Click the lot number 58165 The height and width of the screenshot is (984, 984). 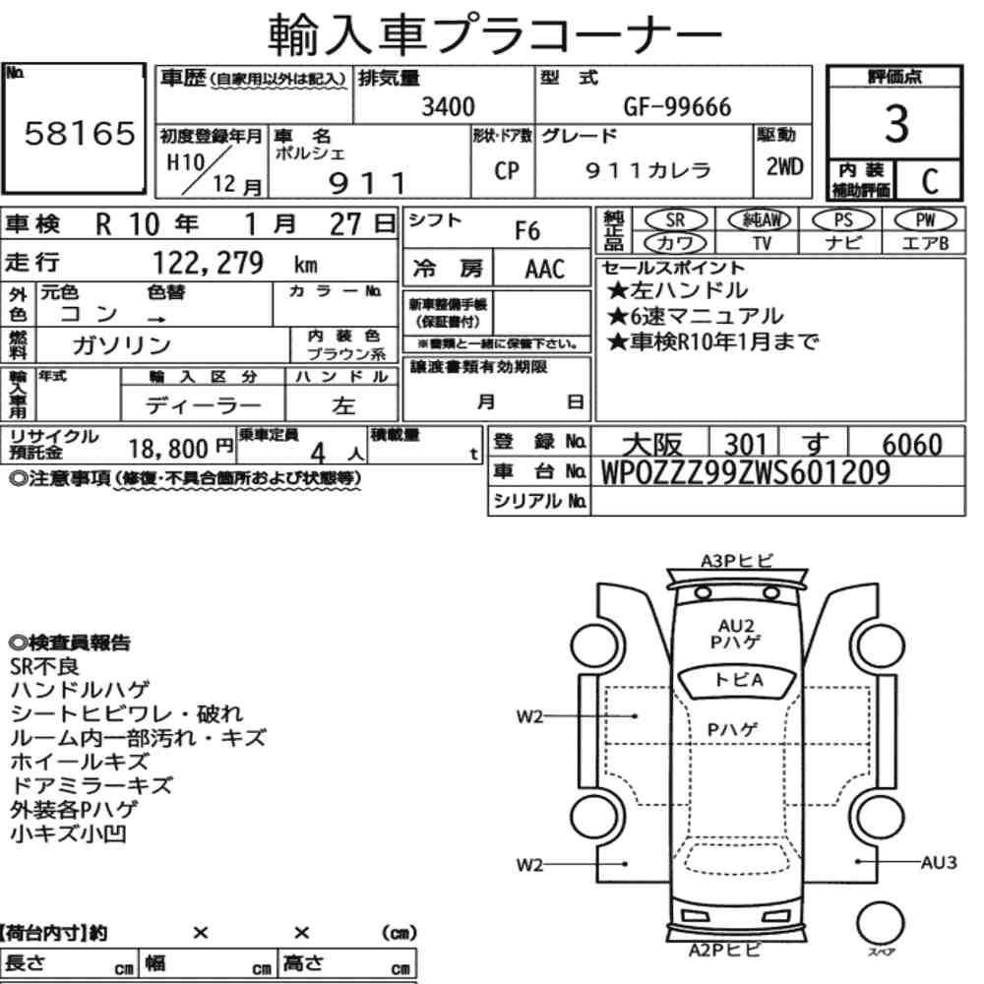coord(80,133)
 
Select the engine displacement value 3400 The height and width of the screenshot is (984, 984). coord(448,106)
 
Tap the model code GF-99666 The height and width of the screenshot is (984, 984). coord(677,106)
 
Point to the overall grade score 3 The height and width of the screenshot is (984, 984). coord(896,124)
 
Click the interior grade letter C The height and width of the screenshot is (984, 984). coord(930,181)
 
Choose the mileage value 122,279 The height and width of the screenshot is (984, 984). coord(209,263)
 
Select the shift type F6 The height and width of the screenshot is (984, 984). coord(527,230)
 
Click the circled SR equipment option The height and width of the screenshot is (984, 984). coord(676,219)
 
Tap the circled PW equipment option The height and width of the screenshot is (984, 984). coord(925,219)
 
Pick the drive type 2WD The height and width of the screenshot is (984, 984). coord(784,166)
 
